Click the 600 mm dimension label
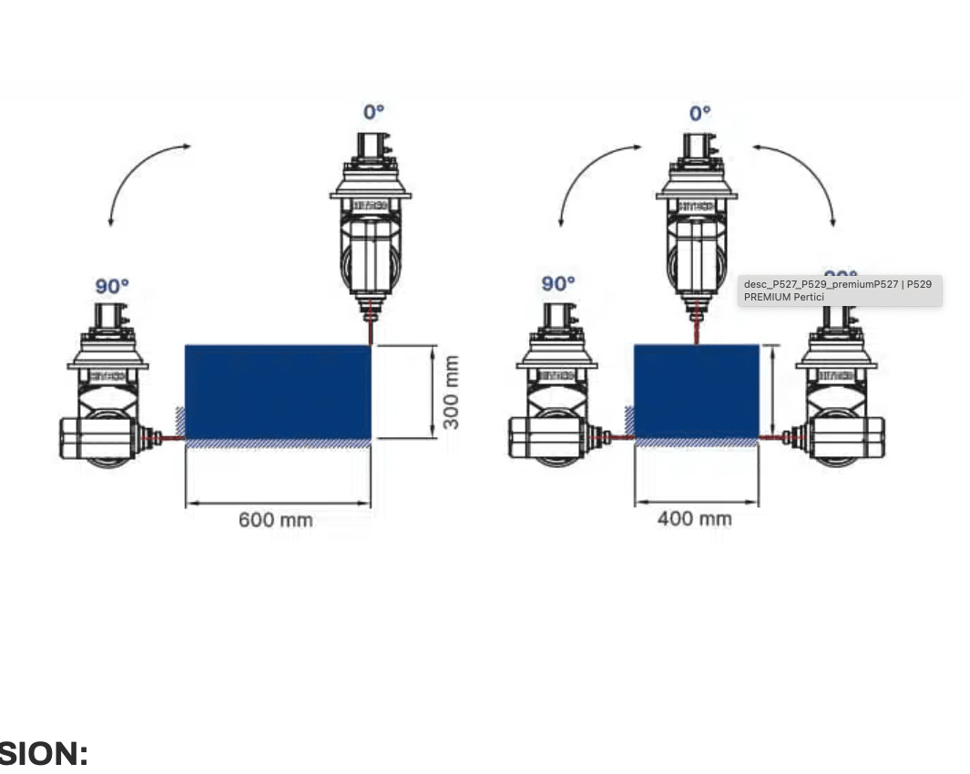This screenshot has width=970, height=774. pyautogui.click(x=275, y=520)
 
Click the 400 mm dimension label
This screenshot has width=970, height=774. pyautogui.click(x=694, y=519)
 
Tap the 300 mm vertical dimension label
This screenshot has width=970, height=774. pyautogui.click(x=450, y=392)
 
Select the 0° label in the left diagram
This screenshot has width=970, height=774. pyautogui.click(x=373, y=112)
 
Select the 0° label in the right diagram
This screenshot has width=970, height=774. pyautogui.click(x=699, y=113)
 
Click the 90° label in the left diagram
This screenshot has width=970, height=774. pyautogui.click(x=112, y=287)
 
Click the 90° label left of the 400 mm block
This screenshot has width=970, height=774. pyautogui.click(x=558, y=284)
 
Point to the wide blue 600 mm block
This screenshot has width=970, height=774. pyautogui.click(x=278, y=392)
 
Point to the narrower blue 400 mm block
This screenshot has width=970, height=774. pyautogui.click(x=696, y=392)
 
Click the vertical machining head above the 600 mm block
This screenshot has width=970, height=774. pyautogui.click(x=370, y=228)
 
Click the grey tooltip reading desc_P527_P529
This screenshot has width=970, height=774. pyautogui.click(x=839, y=290)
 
